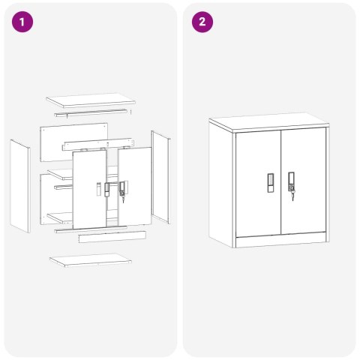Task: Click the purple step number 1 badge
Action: click(x=22, y=22)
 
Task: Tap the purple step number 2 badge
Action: click(x=202, y=22)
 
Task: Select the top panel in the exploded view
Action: click(x=91, y=100)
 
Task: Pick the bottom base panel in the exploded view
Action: click(x=91, y=260)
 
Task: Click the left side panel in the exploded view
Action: click(x=20, y=186)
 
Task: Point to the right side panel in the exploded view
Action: click(x=160, y=177)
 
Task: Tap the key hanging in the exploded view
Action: click(x=123, y=199)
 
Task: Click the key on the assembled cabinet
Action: click(x=292, y=196)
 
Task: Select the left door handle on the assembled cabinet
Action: click(x=271, y=183)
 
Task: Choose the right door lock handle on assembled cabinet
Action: click(x=291, y=181)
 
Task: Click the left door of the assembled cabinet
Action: click(x=258, y=184)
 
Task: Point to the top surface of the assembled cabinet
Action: click(x=268, y=122)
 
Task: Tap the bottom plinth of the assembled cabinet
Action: click(x=281, y=240)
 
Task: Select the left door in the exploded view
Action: click(x=89, y=190)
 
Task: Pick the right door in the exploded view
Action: click(x=135, y=186)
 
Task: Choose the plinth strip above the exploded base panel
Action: click(x=112, y=237)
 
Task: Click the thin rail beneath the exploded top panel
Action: click(x=91, y=112)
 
